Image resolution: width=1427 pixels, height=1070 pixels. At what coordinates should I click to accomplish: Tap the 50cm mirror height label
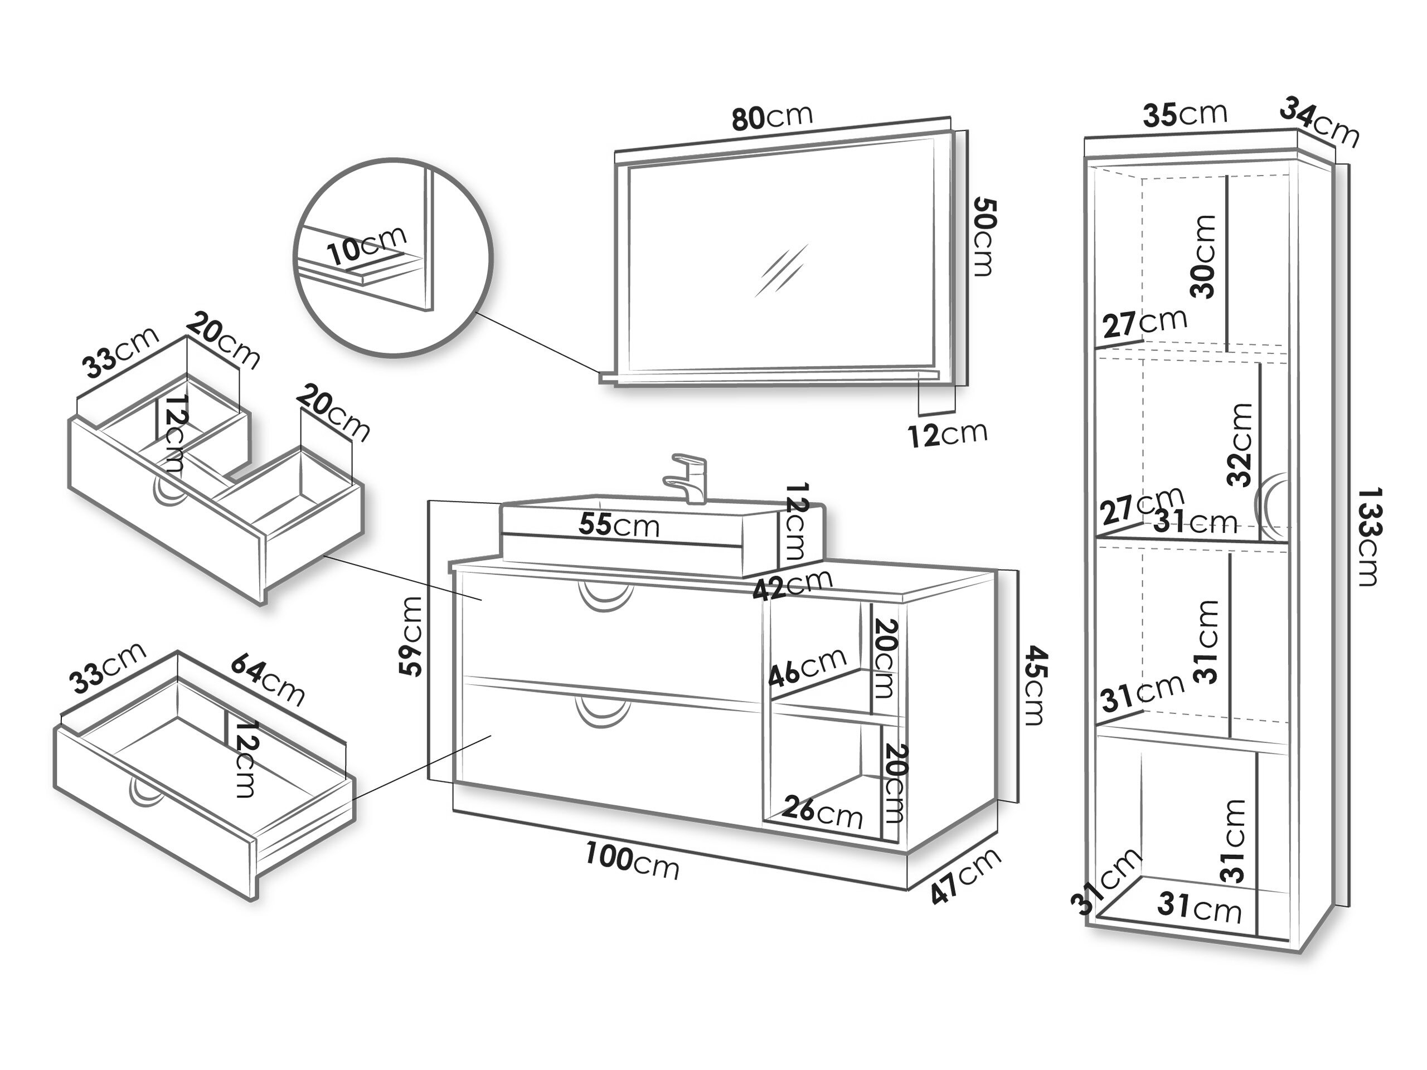(983, 237)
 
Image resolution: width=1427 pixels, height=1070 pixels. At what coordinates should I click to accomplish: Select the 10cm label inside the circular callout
(366, 245)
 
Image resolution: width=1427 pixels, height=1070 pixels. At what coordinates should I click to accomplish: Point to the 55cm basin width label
(619, 525)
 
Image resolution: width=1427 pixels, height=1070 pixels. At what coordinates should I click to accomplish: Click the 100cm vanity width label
(632, 861)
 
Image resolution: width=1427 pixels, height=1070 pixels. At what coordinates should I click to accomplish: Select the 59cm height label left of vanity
(411, 636)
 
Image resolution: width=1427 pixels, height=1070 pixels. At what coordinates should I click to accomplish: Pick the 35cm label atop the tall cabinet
(1185, 115)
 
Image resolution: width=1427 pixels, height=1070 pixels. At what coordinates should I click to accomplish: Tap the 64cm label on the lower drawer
(267, 680)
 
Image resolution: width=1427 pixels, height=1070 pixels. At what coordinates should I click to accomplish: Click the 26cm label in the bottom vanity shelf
(823, 811)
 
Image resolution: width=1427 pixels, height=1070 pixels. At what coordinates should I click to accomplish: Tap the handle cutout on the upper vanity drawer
(605, 595)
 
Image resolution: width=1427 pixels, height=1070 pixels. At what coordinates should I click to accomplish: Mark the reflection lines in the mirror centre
(782, 270)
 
